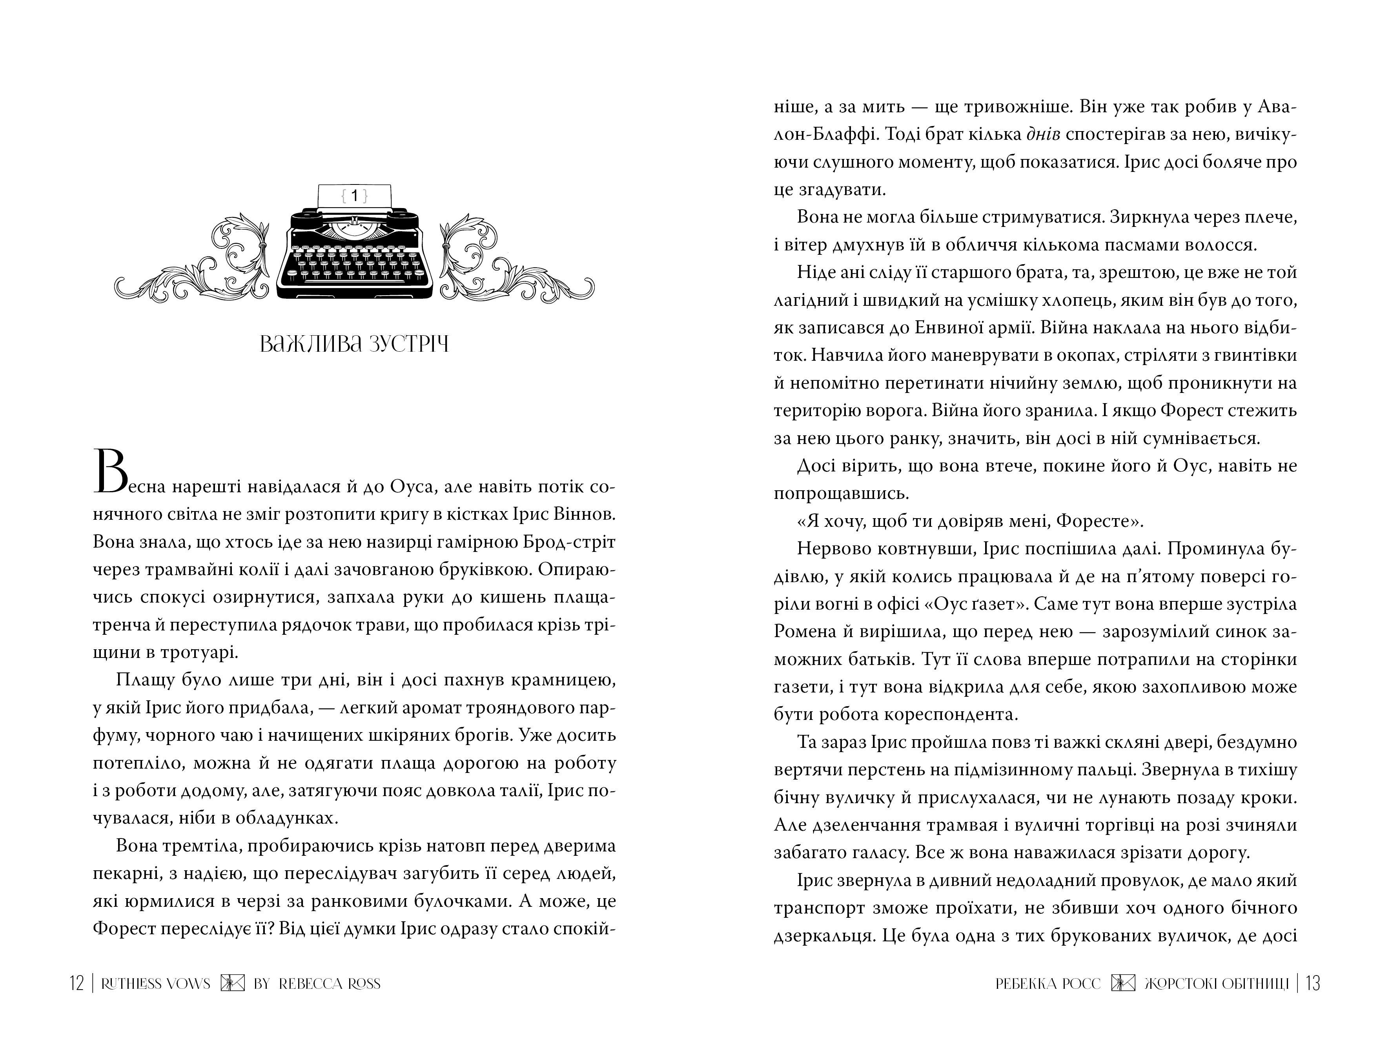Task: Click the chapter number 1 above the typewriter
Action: click(354, 196)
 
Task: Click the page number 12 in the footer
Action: click(76, 984)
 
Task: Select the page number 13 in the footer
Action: click(1313, 984)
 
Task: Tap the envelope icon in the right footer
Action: click(1123, 984)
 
